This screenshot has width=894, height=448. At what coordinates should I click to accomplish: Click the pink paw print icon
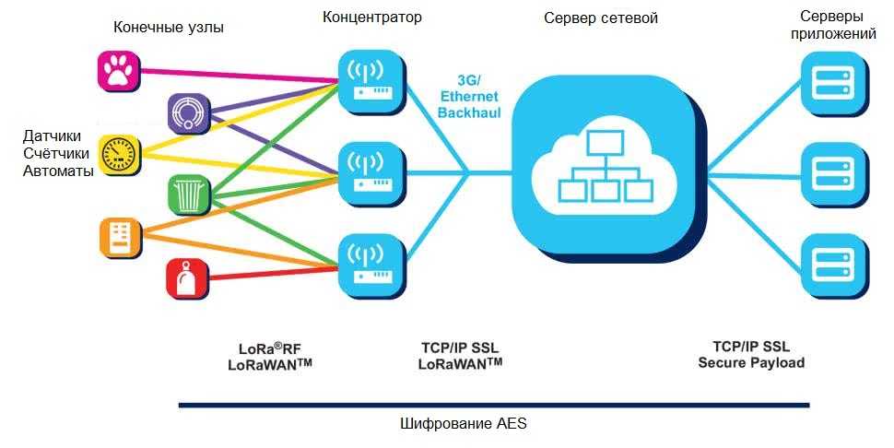coord(117,70)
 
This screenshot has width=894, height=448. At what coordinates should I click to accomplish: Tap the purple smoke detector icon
coord(189,112)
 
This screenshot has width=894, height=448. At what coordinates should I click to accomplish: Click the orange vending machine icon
coord(119,238)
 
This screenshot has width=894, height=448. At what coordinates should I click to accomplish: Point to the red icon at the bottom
coord(187,278)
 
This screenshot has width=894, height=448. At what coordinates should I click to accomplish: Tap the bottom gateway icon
coord(372,262)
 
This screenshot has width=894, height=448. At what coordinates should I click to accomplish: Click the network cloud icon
coord(606,166)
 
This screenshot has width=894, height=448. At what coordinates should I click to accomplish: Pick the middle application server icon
coord(834,171)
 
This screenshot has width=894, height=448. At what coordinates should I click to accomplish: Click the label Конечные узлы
coord(169,28)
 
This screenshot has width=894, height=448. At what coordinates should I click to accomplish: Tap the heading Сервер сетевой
coord(600,18)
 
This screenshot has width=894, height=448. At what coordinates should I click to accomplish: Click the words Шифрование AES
coord(463,425)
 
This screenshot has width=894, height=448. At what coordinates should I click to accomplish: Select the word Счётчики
coord(58,153)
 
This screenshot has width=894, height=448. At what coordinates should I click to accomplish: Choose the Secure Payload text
coord(750,362)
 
